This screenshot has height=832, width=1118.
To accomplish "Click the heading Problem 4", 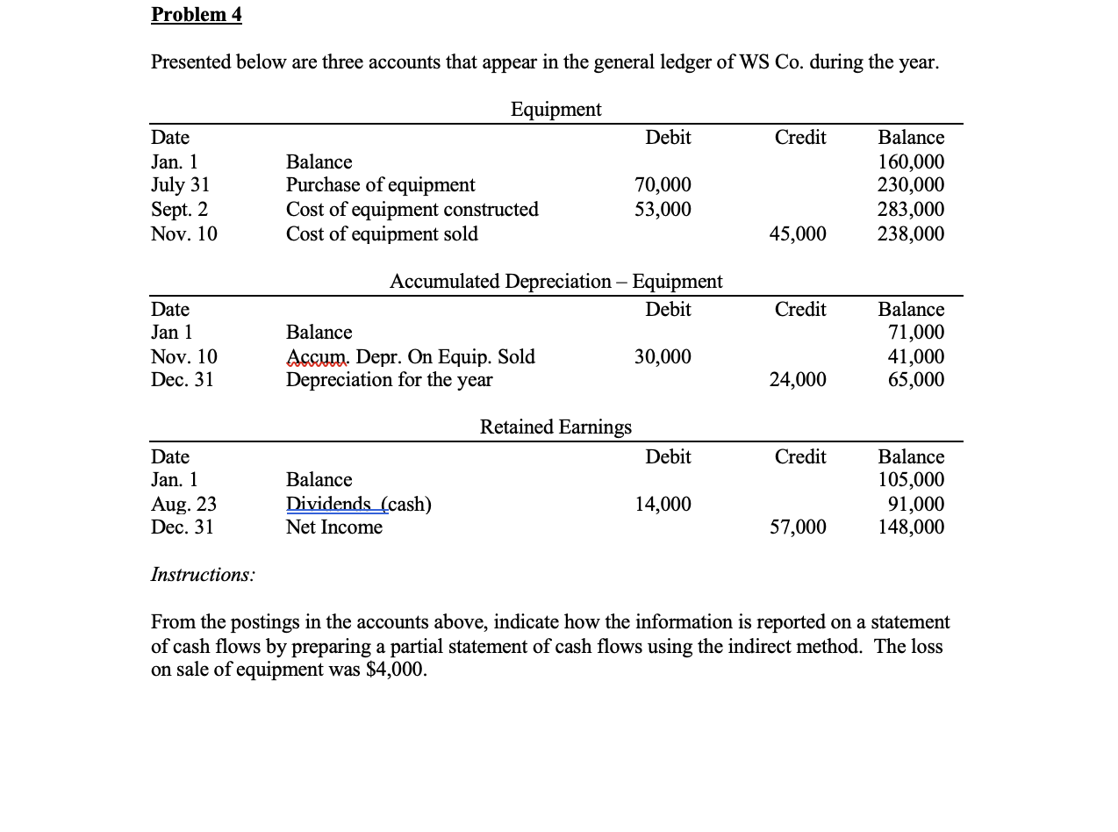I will click(196, 15).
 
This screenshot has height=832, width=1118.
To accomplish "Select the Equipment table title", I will click(555, 109).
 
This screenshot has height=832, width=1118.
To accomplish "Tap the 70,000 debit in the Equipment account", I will click(662, 185).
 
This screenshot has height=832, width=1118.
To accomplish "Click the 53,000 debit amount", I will click(662, 210).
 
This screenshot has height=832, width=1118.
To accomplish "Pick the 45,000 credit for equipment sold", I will click(797, 234).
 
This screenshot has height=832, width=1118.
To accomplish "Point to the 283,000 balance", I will click(911, 210).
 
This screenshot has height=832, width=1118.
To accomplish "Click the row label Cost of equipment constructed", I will click(412, 210).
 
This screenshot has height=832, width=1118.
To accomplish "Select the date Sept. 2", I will click(179, 210).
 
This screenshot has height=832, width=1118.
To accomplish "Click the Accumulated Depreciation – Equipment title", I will click(555, 281).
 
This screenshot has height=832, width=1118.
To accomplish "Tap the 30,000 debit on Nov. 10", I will click(662, 357).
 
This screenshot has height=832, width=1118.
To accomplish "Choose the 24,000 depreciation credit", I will click(797, 380).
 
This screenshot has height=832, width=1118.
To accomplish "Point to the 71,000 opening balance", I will click(915, 333).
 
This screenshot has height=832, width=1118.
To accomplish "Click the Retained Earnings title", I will click(555, 427).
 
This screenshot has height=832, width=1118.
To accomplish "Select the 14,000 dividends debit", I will click(662, 505).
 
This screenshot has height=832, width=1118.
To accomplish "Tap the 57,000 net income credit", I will click(797, 527).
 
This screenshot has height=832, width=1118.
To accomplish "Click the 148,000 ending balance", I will click(911, 527).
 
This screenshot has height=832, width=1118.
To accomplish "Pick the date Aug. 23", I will click(183, 505).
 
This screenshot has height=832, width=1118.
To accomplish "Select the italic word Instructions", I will click(203, 575).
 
